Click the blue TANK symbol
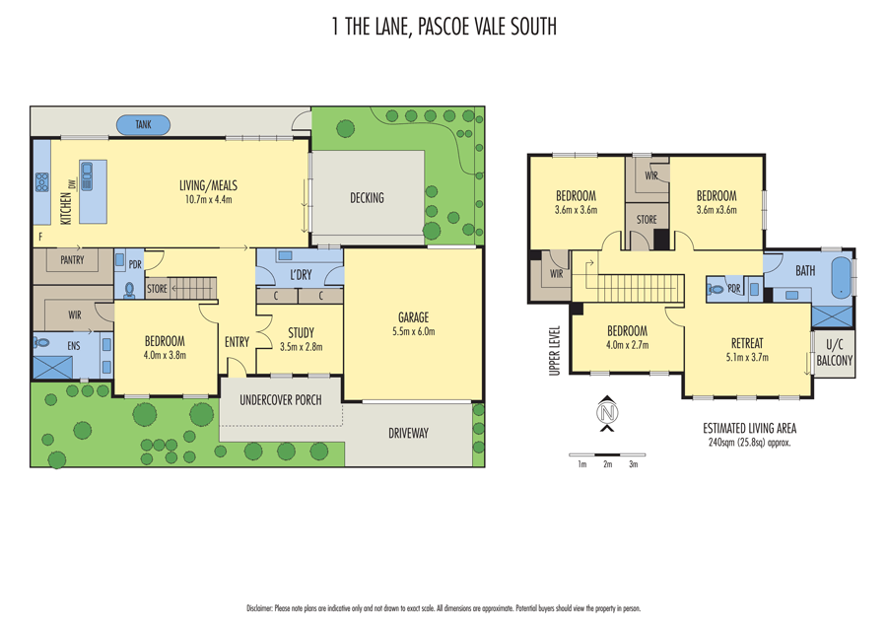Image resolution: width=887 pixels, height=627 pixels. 144,125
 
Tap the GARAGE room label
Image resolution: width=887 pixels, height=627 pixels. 413,317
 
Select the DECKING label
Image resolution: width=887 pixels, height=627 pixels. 367,198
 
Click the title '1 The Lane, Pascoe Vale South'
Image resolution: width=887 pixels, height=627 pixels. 443,27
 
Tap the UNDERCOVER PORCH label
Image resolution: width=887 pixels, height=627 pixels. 281,400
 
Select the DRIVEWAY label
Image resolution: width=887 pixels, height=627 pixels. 408,433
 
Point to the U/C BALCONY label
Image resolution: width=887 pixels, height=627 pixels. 834,354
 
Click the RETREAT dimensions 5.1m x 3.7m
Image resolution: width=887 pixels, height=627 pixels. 746,358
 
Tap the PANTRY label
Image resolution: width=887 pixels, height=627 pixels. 72,260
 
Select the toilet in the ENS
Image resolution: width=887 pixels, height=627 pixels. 42,343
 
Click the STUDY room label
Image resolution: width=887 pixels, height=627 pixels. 301,333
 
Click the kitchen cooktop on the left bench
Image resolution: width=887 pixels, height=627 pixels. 42,182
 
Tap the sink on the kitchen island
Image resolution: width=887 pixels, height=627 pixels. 87,176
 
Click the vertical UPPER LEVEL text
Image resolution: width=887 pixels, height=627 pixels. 555,350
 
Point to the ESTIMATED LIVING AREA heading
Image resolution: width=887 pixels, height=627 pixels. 749,429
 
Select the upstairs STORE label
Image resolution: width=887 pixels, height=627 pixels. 646,220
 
